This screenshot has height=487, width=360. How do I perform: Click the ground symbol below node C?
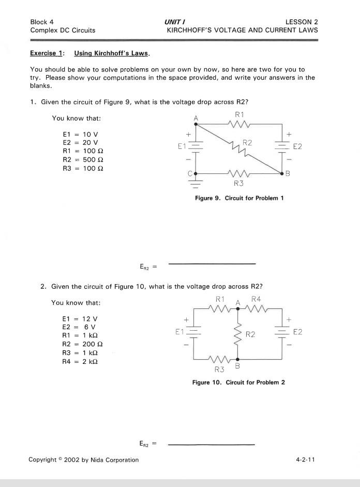[196, 183]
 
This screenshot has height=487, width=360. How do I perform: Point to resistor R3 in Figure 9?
[238, 173]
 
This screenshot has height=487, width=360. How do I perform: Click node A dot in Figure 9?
[196, 124]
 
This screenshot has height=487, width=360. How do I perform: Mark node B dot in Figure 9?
[282, 173]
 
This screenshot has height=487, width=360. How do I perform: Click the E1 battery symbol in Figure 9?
[196, 146]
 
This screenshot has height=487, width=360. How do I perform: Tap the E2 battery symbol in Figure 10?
[282, 331]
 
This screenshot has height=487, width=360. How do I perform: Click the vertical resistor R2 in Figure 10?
[238, 334]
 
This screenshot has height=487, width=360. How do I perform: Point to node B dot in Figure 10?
[238, 359]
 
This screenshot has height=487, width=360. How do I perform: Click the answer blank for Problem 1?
[212, 263]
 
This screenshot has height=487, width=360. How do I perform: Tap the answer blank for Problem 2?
[212, 444]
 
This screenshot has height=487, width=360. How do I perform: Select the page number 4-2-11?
[306, 460]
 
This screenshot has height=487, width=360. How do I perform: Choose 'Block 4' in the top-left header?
[42, 22]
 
